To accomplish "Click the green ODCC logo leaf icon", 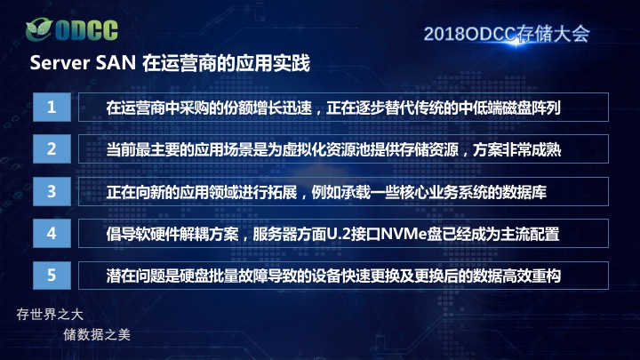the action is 39,29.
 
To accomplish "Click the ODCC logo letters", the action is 86,30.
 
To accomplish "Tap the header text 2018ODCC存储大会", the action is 507,34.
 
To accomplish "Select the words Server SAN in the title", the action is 83,63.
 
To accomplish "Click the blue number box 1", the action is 52,107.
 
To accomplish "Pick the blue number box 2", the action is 52,149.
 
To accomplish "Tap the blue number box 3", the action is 52,191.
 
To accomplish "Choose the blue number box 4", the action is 52,234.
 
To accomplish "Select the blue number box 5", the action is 52,276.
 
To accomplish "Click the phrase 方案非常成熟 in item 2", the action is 517,150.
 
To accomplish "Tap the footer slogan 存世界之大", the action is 50,315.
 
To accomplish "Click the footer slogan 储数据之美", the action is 97,335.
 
